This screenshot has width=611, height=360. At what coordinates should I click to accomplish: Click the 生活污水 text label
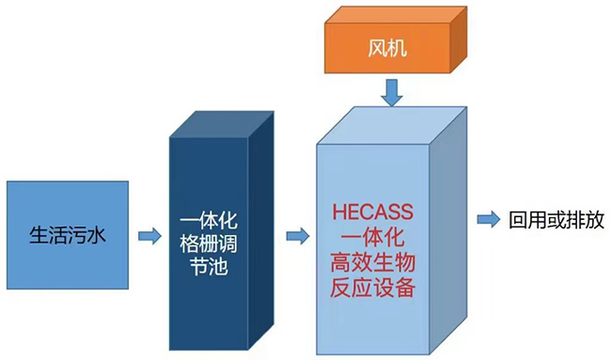68,235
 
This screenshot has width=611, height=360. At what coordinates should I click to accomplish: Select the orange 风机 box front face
387,48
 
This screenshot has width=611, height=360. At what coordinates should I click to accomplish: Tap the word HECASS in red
372,211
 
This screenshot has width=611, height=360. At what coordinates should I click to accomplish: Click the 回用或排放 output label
556,220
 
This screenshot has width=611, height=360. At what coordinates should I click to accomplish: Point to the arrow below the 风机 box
392,93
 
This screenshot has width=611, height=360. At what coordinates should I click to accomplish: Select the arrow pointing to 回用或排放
489,219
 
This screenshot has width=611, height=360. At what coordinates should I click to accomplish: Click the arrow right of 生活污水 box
149,236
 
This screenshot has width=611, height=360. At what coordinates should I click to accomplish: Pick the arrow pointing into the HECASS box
298,236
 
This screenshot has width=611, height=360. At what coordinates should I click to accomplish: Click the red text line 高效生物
372,262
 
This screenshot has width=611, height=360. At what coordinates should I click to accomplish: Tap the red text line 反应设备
372,288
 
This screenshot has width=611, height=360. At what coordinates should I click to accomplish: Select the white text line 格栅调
209,244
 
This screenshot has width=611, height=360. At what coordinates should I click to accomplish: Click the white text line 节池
209,267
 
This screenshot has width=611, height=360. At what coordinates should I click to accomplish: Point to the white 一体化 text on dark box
209,221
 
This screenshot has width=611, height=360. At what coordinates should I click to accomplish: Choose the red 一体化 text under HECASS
372,237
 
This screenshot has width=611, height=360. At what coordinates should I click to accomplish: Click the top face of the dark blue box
222,124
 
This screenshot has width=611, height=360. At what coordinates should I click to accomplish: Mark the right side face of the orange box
459,39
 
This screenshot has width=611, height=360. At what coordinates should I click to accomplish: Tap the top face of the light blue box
392,125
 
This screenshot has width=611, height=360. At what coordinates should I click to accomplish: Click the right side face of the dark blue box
261,230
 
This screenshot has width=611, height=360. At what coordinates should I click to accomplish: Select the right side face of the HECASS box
447,230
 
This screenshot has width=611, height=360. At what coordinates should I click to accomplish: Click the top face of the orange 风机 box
396,15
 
